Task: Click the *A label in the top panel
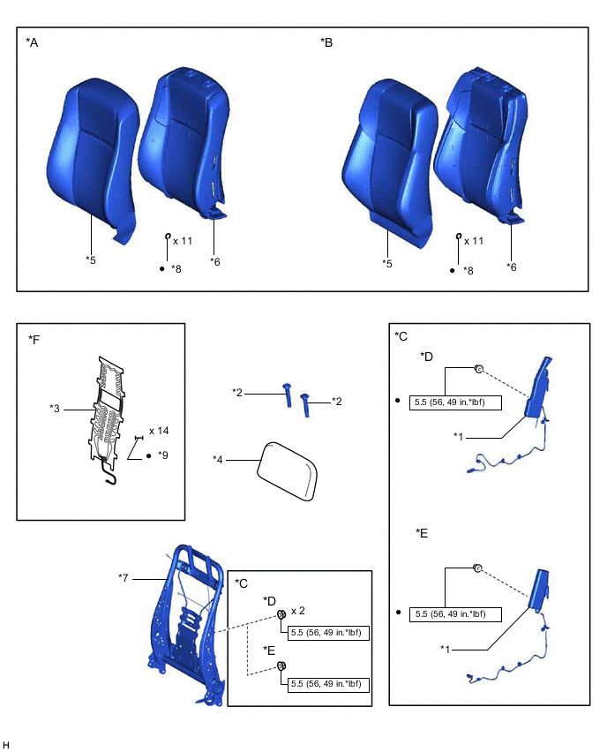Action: [32, 42]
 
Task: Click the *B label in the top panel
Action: [326, 42]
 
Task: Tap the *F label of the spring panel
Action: [34, 339]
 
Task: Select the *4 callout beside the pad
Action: [219, 459]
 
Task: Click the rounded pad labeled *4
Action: [289, 470]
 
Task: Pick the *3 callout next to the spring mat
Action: [56, 409]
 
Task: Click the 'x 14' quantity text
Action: [159, 431]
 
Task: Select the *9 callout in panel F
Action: [162, 455]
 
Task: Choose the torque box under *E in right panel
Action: [455, 613]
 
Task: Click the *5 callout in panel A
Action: [91, 259]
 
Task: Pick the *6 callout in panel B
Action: [512, 267]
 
